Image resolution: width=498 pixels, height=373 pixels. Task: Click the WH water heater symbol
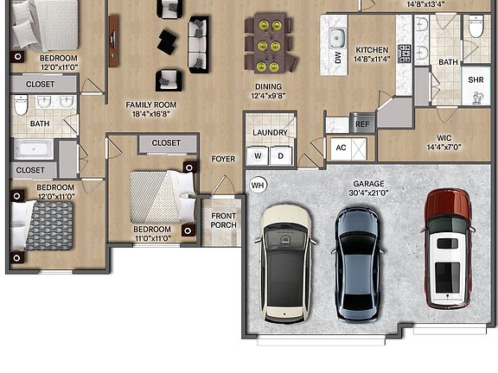pos(258,185)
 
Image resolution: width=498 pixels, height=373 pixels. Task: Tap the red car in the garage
pos(448,249)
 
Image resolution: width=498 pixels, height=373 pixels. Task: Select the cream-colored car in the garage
pos(285,264)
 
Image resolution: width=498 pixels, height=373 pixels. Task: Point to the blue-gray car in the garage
pos(358,264)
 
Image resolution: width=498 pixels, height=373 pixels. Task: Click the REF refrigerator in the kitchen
pos(361,123)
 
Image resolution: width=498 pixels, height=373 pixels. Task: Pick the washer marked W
pos(258,155)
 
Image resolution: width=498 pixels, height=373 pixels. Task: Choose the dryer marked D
pos(280,155)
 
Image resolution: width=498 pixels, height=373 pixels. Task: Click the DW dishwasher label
pos(337,58)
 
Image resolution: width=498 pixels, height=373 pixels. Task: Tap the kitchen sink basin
pos(337,37)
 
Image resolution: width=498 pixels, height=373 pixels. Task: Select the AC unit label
pos(341,148)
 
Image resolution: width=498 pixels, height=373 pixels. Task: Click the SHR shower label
pos(476,79)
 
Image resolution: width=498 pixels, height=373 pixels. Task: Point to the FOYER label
pos(223,159)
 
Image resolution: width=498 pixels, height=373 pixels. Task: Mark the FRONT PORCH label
pos(224,220)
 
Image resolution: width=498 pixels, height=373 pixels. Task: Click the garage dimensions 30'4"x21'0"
pos(368,193)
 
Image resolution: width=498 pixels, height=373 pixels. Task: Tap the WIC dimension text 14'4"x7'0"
pos(444,147)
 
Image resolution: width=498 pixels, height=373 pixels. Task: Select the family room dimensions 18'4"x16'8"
pos(151,114)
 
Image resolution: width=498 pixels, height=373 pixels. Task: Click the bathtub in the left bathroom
pos(34,149)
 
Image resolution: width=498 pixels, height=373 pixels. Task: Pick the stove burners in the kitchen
pos(405,54)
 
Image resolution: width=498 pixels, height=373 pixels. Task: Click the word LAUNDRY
pos(271,133)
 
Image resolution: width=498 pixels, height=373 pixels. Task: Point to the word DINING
pos(268,86)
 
